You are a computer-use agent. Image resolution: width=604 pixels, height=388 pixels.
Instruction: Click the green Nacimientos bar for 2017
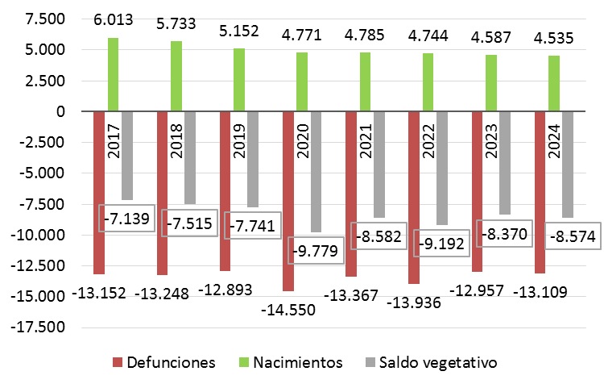[x=114, y=74]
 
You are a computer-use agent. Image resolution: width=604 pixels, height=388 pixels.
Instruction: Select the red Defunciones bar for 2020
[x=288, y=201]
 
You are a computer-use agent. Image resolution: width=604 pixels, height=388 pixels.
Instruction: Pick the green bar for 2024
[x=554, y=83]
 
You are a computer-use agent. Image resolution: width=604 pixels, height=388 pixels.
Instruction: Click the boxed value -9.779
[x=316, y=249]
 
